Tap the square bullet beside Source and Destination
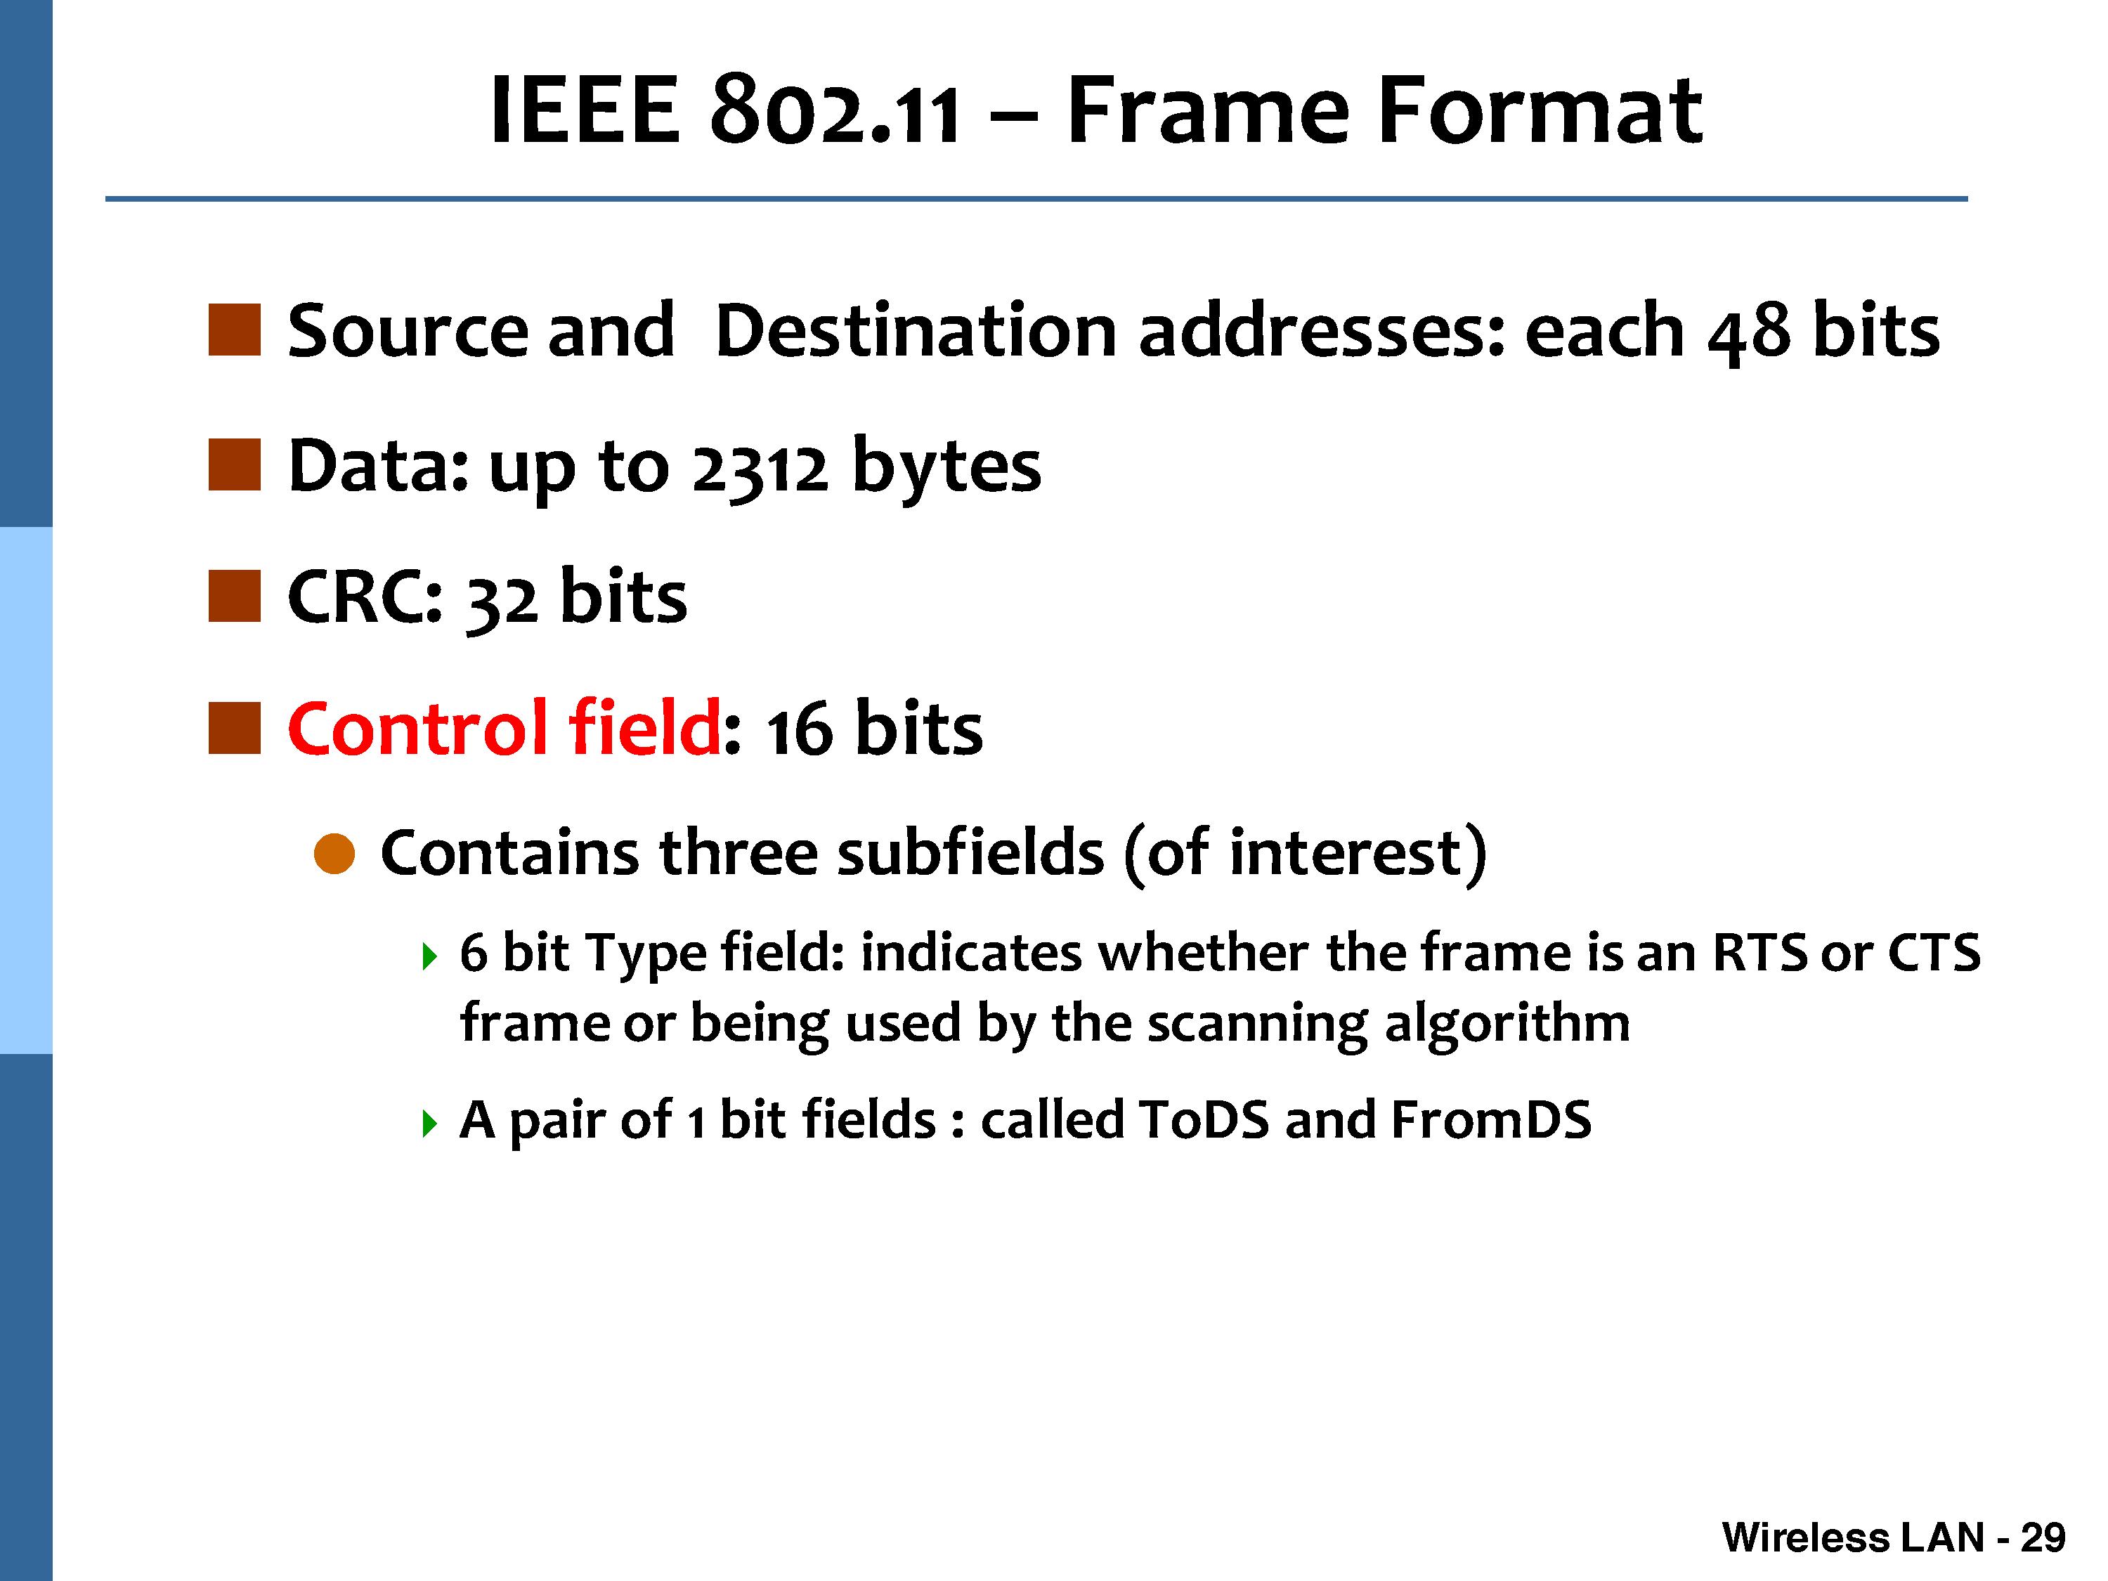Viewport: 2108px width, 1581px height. click(235, 330)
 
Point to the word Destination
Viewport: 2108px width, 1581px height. click(915, 331)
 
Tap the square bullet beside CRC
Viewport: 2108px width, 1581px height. click(235, 597)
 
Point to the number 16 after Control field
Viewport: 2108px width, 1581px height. click(800, 731)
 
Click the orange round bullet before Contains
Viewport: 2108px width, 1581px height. click(334, 853)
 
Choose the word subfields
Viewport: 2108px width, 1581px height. click(970, 851)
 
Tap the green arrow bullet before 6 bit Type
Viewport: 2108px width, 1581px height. click(430, 956)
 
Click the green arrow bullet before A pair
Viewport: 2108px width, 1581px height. click(430, 1124)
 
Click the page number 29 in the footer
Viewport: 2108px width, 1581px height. click(2042, 1537)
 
